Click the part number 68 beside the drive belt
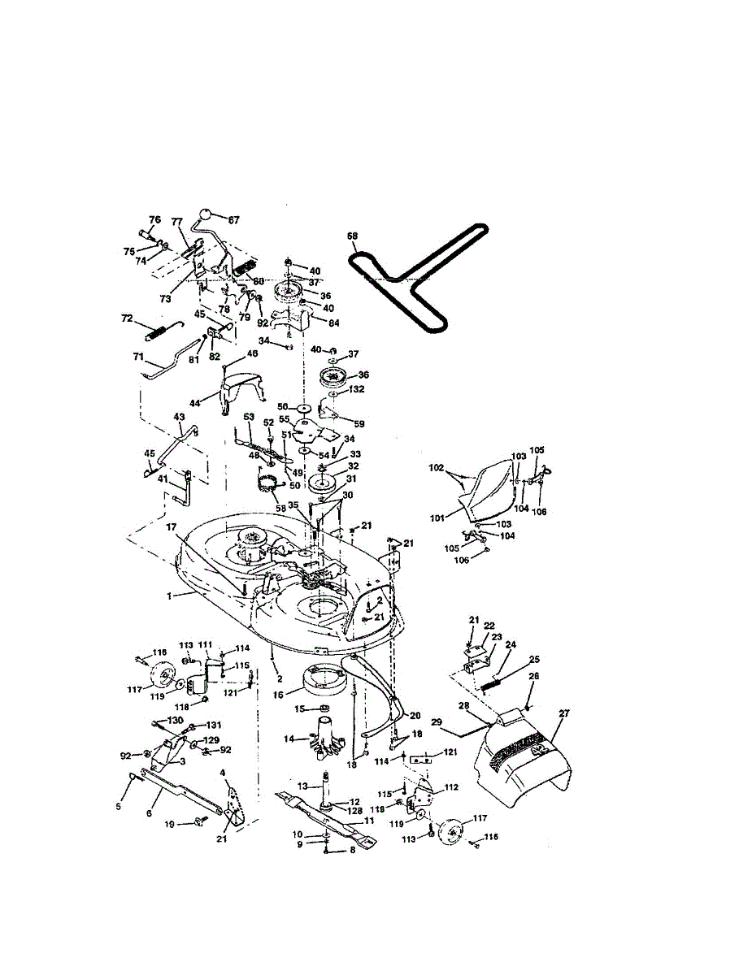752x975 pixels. (x=353, y=236)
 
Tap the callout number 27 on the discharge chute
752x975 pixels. (x=564, y=713)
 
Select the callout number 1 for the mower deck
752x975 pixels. (x=170, y=596)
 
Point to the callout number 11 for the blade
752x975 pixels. (x=369, y=821)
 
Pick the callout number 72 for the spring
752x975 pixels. (x=126, y=319)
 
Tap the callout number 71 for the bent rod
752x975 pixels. (x=138, y=356)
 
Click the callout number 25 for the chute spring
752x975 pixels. (x=534, y=659)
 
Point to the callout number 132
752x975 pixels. (x=356, y=390)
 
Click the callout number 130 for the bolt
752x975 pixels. (x=176, y=721)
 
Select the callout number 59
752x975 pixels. (x=359, y=422)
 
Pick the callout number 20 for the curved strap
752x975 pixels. (x=415, y=716)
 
